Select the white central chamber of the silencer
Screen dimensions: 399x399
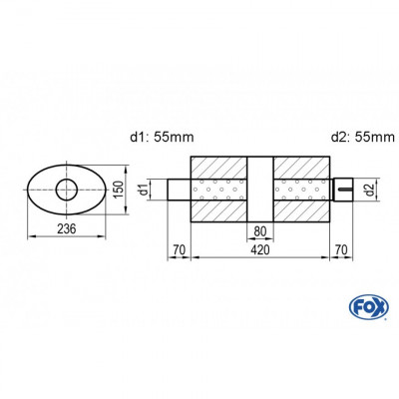259,189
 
